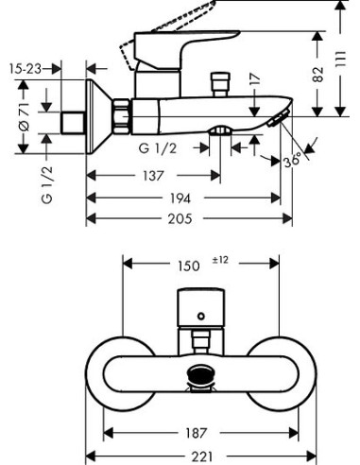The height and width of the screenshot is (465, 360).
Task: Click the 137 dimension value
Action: click(x=153, y=176)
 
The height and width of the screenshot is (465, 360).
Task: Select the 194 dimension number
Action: click(x=180, y=198)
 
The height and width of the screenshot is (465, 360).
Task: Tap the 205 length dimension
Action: click(x=180, y=218)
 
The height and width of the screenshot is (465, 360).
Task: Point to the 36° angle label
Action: click(x=293, y=162)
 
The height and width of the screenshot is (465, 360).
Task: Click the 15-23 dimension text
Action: click(x=26, y=69)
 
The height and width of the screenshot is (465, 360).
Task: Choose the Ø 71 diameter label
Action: click(x=25, y=117)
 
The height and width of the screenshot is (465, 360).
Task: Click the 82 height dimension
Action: click(x=317, y=75)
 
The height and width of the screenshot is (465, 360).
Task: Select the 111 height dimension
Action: click(x=340, y=59)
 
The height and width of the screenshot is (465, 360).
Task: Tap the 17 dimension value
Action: click(x=255, y=78)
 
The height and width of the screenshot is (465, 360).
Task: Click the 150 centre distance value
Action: click(x=189, y=267)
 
